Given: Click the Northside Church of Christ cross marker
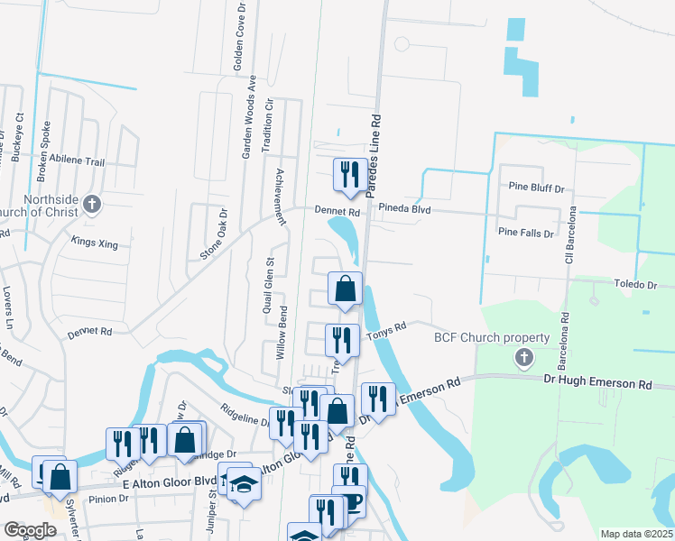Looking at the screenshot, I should coord(91,204).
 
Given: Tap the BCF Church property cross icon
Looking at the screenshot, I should coord(523,358).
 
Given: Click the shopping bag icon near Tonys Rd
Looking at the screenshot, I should coord(345,289).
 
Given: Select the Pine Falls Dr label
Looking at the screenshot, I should coord(525,233).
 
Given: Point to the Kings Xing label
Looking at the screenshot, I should coord(94,242).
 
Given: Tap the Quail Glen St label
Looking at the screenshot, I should coord(269,285).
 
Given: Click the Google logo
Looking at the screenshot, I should coord(30,530).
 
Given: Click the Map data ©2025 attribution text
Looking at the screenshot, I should coord(636,534).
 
